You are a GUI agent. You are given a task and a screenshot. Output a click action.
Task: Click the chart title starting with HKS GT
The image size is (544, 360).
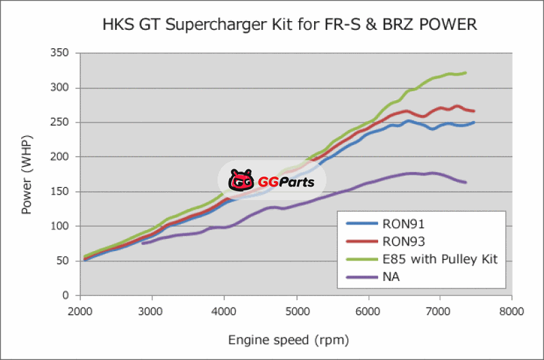click(x=289, y=25)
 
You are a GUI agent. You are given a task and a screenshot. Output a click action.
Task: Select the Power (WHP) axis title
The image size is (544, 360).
click(x=27, y=174)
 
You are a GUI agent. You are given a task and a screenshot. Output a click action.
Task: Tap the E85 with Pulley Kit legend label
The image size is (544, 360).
click(x=441, y=259)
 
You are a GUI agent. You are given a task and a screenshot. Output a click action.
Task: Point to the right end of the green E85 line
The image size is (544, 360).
click(x=466, y=72)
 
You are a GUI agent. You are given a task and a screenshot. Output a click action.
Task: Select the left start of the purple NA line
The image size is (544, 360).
click(x=142, y=243)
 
